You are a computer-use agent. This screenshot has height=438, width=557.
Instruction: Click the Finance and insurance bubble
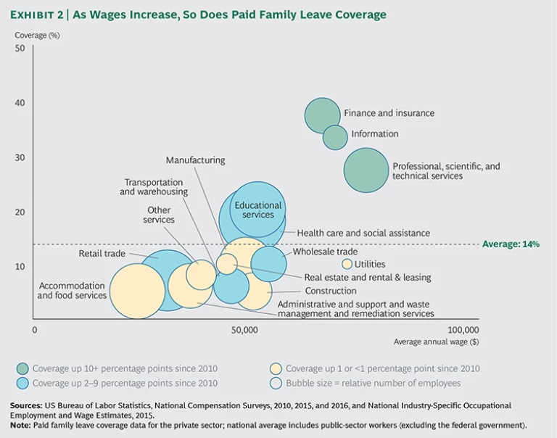point(322,115)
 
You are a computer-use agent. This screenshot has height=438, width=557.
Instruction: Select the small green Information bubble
point(335,136)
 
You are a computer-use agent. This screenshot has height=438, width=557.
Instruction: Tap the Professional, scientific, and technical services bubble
point(366,170)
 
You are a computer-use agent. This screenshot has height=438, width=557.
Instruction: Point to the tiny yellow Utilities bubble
point(347,264)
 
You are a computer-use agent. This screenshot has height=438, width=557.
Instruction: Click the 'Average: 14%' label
point(511,244)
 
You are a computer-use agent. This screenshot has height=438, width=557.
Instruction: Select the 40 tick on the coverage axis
point(20,103)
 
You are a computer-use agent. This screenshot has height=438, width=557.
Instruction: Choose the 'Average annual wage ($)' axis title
point(436,342)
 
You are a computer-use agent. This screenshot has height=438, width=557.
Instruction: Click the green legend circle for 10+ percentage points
point(24,368)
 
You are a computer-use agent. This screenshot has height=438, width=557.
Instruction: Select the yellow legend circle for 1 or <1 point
point(276,368)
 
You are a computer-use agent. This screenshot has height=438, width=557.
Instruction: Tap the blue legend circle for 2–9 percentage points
point(24,383)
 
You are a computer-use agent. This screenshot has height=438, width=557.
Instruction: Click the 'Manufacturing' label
point(195,160)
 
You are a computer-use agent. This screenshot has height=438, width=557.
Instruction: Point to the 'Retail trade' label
point(102,254)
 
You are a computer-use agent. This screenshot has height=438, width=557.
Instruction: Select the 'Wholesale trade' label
point(326,252)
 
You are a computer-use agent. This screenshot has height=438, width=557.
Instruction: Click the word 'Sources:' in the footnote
point(28,405)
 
